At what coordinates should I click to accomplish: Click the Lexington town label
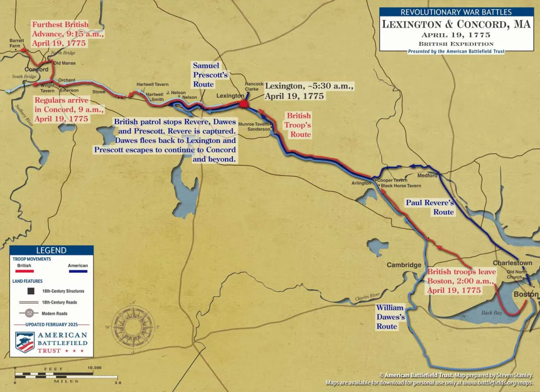click(x=230, y=96)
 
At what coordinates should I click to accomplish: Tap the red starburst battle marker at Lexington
click(x=244, y=104)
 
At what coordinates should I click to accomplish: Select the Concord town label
click(x=37, y=69)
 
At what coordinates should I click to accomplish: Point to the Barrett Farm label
click(x=16, y=43)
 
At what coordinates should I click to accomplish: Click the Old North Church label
click(x=514, y=274)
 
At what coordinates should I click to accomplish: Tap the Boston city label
click(x=526, y=294)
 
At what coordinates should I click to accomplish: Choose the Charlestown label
click(x=512, y=263)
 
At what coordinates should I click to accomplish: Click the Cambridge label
click(x=404, y=265)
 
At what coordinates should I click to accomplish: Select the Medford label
click(x=427, y=175)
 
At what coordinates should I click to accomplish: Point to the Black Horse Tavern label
click(x=401, y=186)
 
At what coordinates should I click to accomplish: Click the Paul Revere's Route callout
click(x=430, y=208)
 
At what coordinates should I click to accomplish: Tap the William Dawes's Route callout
click(x=391, y=317)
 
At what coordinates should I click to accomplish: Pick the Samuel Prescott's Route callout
click(x=210, y=75)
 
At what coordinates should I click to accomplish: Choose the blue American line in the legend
click(x=78, y=271)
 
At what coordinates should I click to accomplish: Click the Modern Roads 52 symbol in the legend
click(x=29, y=313)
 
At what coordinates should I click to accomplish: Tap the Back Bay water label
click(x=491, y=313)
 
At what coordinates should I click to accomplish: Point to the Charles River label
click(x=368, y=297)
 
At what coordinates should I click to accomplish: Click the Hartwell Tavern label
click(x=152, y=84)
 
